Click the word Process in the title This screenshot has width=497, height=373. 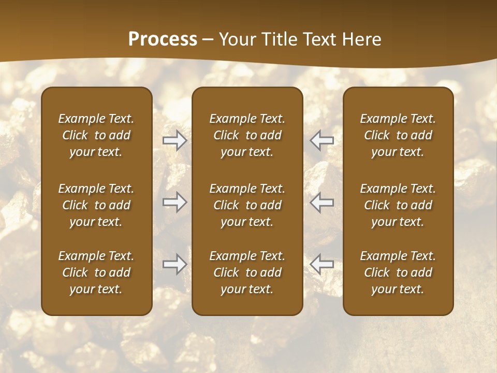[x=163, y=39]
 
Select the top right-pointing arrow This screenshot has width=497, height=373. [x=174, y=140]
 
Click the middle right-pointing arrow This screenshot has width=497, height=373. [x=174, y=202]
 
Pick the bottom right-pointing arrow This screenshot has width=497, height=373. [x=174, y=264]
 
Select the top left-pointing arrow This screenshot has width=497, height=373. [x=321, y=140]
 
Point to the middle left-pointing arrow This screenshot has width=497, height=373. [x=321, y=202]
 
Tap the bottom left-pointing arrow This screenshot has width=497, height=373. [x=321, y=264]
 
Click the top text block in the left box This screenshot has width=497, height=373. [x=96, y=135]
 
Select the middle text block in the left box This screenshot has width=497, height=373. [x=96, y=205]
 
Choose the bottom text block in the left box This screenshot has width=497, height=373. [x=96, y=272]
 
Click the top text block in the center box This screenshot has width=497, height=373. [x=247, y=135]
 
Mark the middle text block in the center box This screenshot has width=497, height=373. [x=247, y=205]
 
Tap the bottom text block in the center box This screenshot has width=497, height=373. [x=247, y=272]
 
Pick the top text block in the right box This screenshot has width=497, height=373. [x=398, y=135]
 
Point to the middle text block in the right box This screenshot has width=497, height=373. [x=398, y=205]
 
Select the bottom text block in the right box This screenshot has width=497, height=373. [x=398, y=272]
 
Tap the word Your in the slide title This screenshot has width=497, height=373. [x=237, y=39]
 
